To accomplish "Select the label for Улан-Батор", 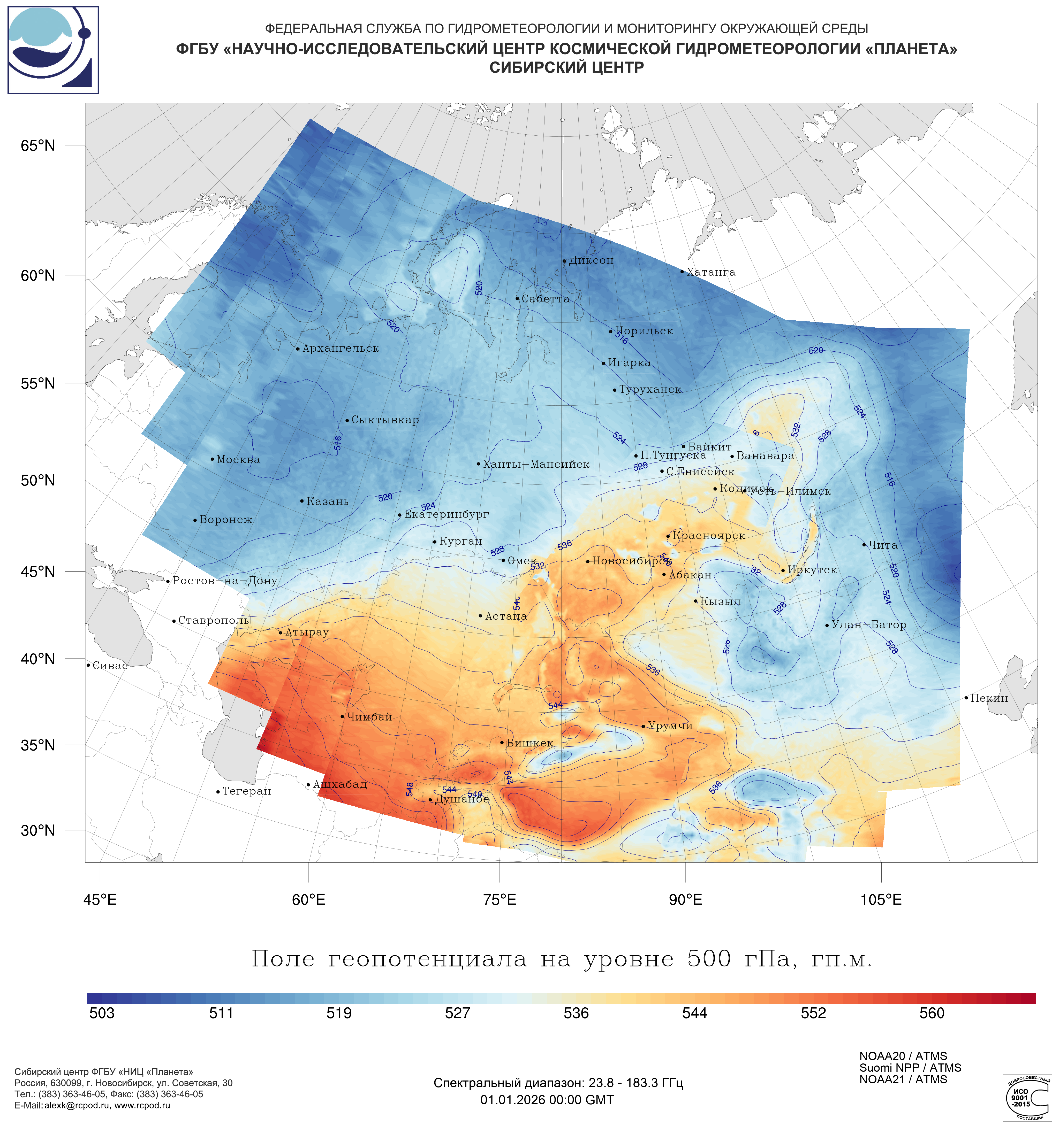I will coord(868,625).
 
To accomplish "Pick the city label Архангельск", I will coord(340,348).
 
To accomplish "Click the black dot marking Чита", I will coord(864,544).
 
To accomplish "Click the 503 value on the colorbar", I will coord(102,1013).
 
